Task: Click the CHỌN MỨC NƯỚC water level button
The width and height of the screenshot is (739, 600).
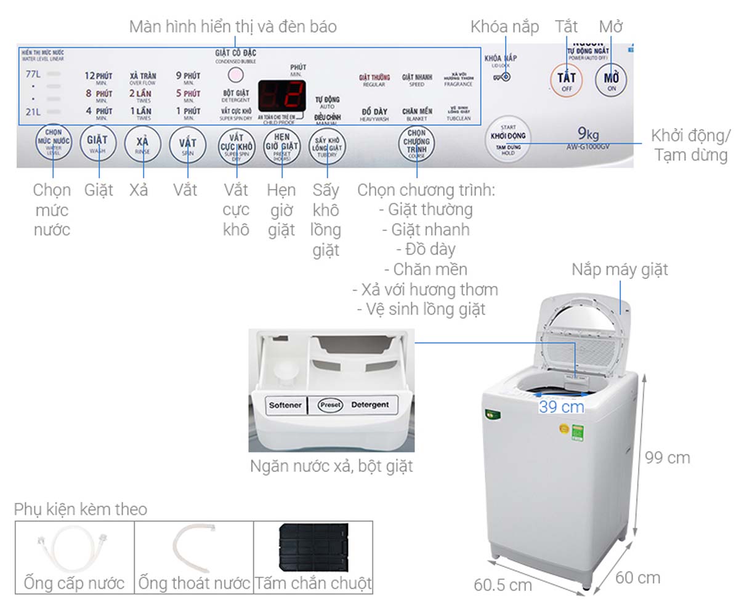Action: [53, 142]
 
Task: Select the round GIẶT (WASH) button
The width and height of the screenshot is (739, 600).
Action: [97, 143]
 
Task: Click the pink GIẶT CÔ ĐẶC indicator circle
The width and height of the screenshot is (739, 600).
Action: [235, 75]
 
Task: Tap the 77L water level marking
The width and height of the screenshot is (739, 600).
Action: [33, 74]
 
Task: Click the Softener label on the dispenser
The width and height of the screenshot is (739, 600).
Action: [285, 406]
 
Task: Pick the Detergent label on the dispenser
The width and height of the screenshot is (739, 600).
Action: [369, 405]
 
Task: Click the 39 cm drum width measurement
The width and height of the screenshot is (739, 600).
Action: [561, 407]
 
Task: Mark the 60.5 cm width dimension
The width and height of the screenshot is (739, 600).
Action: [503, 584]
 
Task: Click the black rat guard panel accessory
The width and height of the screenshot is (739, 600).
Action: [313, 548]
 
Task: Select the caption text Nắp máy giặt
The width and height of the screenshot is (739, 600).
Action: [619, 270]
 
